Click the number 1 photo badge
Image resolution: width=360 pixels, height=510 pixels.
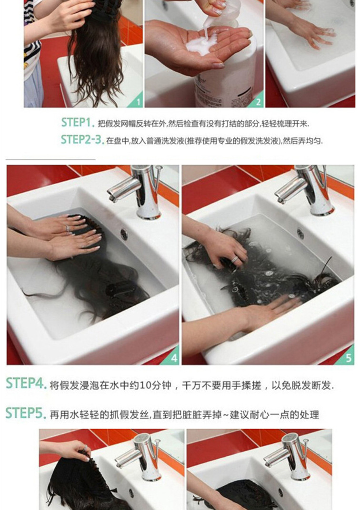click(138, 101)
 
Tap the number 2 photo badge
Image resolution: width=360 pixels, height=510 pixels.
click(258, 101)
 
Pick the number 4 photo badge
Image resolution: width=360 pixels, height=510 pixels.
click(173, 358)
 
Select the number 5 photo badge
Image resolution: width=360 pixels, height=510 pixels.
click(349, 358)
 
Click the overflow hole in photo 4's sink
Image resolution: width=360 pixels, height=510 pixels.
click(124, 234)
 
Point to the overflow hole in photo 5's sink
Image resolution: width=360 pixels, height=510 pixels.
click(300, 233)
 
